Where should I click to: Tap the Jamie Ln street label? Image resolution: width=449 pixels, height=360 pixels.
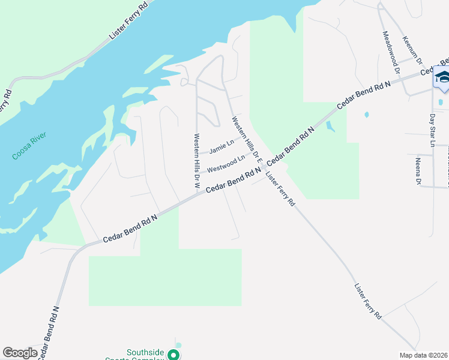220,146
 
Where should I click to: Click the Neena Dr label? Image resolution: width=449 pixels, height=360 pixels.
418,171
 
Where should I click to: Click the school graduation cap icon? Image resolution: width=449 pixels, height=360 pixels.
442,78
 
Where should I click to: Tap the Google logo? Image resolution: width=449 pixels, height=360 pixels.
20,353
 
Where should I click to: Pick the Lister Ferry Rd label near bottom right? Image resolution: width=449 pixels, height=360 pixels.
368,301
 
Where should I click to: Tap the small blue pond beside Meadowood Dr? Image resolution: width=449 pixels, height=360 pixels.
366,114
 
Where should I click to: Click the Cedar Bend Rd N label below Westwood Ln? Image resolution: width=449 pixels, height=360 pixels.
234,181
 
